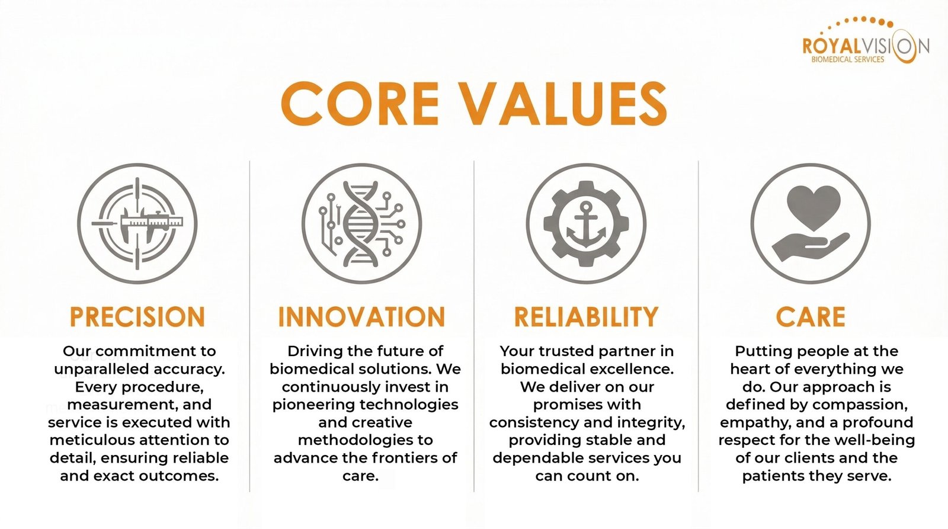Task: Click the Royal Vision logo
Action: point(866,41)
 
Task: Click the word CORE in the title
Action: point(360,104)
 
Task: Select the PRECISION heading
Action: point(137,316)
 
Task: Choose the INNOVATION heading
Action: point(361,316)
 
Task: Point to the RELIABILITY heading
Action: point(586,316)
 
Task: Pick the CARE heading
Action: point(811,316)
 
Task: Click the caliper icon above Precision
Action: point(138,223)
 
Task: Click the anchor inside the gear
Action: point(586,225)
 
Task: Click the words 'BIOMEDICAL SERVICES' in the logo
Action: point(848,60)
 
